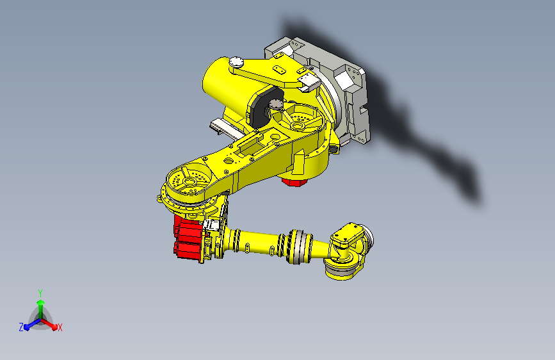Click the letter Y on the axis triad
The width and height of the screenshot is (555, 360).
(40, 293)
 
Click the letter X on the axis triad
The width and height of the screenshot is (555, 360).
(60, 328)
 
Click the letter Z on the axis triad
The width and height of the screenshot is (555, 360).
(21, 327)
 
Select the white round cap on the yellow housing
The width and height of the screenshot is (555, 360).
(236, 62)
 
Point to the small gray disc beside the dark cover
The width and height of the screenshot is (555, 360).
(276, 104)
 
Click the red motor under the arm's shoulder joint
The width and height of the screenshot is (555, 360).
(294, 182)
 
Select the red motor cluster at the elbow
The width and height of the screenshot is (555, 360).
(188, 238)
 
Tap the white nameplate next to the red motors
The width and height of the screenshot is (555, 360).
(211, 225)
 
